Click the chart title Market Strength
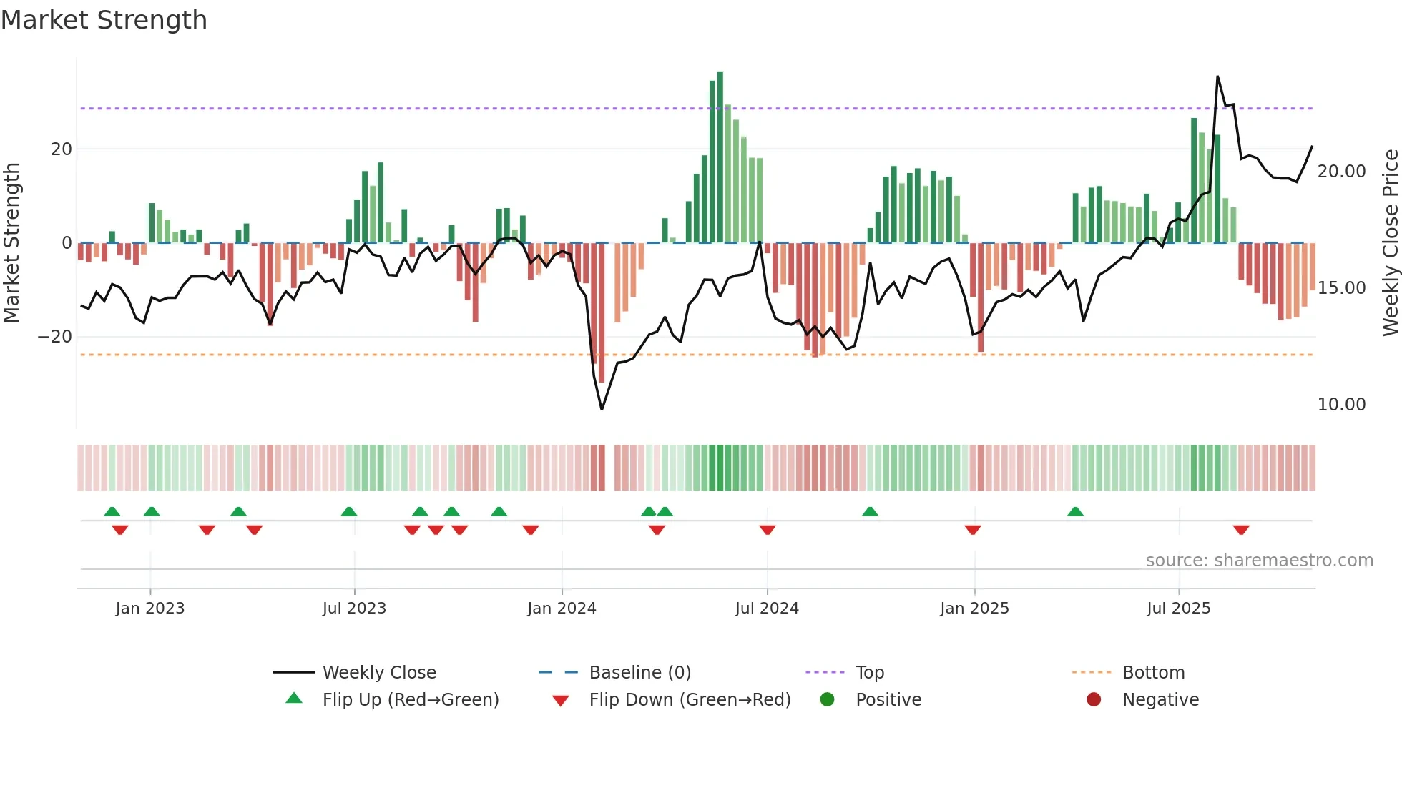click(104, 20)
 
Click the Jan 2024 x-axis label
click(562, 608)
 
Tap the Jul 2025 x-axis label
click(1178, 608)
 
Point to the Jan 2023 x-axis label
click(149, 608)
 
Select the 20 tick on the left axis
click(62, 149)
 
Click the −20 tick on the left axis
click(55, 336)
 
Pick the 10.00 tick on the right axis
click(1341, 404)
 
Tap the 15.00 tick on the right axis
click(1341, 287)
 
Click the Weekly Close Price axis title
click(1390, 242)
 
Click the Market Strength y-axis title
click(11, 242)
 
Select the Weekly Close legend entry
click(378, 672)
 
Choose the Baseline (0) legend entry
click(639, 672)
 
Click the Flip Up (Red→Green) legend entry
click(410, 699)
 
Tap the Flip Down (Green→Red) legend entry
click(690, 699)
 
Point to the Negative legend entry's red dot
click(1093, 699)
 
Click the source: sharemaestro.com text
click(1259, 560)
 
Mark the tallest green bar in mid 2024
click(720, 157)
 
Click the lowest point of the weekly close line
click(602, 409)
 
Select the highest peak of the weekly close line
click(1217, 77)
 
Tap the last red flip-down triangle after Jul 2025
click(1241, 530)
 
